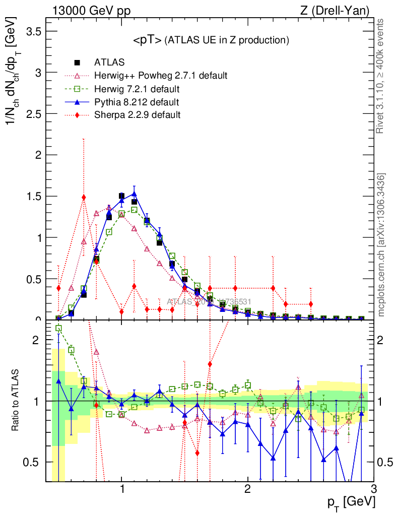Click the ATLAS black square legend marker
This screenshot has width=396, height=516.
point(77,62)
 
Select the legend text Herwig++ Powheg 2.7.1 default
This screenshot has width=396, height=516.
point(161,76)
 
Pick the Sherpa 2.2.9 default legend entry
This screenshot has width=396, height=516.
point(137,115)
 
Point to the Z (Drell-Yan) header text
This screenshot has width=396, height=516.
point(335,10)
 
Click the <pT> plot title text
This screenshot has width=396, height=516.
point(211,40)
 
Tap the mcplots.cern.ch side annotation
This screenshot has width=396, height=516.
point(382,245)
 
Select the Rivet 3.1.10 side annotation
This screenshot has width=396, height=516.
point(382,76)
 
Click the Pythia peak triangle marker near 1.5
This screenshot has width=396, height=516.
point(134,194)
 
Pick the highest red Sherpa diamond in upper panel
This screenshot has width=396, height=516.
point(84,197)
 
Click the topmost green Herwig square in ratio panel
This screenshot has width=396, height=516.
point(58,328)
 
